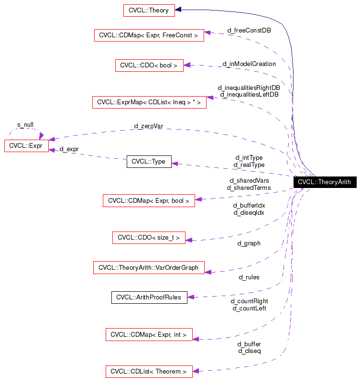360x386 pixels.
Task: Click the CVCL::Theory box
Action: coord(149,10)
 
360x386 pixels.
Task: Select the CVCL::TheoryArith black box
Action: coord(324,182)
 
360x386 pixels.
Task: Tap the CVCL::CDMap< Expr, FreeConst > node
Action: coord(149,35)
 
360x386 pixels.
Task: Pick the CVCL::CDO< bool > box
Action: coord(149,66)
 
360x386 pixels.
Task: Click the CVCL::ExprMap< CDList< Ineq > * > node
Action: coord(149,102)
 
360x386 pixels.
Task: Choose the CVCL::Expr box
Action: coord(26,146)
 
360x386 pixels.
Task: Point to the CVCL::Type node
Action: coord(149,162)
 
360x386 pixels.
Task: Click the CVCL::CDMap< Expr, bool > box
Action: coord(149,201)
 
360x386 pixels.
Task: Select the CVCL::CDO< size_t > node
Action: coord(149,238)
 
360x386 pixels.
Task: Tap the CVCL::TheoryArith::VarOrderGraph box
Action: coord(149,268)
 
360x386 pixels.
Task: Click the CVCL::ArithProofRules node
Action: coord(149,297)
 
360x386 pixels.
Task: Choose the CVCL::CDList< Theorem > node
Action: coord(149,371)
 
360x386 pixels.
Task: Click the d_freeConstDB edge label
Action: coord(249,30)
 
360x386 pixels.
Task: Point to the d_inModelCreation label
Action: coord(249,64)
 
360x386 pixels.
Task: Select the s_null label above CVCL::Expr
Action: coord(25,124)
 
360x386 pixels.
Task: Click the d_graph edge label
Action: coord(249,243)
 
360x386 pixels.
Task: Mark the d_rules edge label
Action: coord(249,277)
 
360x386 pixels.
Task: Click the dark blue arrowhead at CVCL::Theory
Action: coord(178,10)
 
